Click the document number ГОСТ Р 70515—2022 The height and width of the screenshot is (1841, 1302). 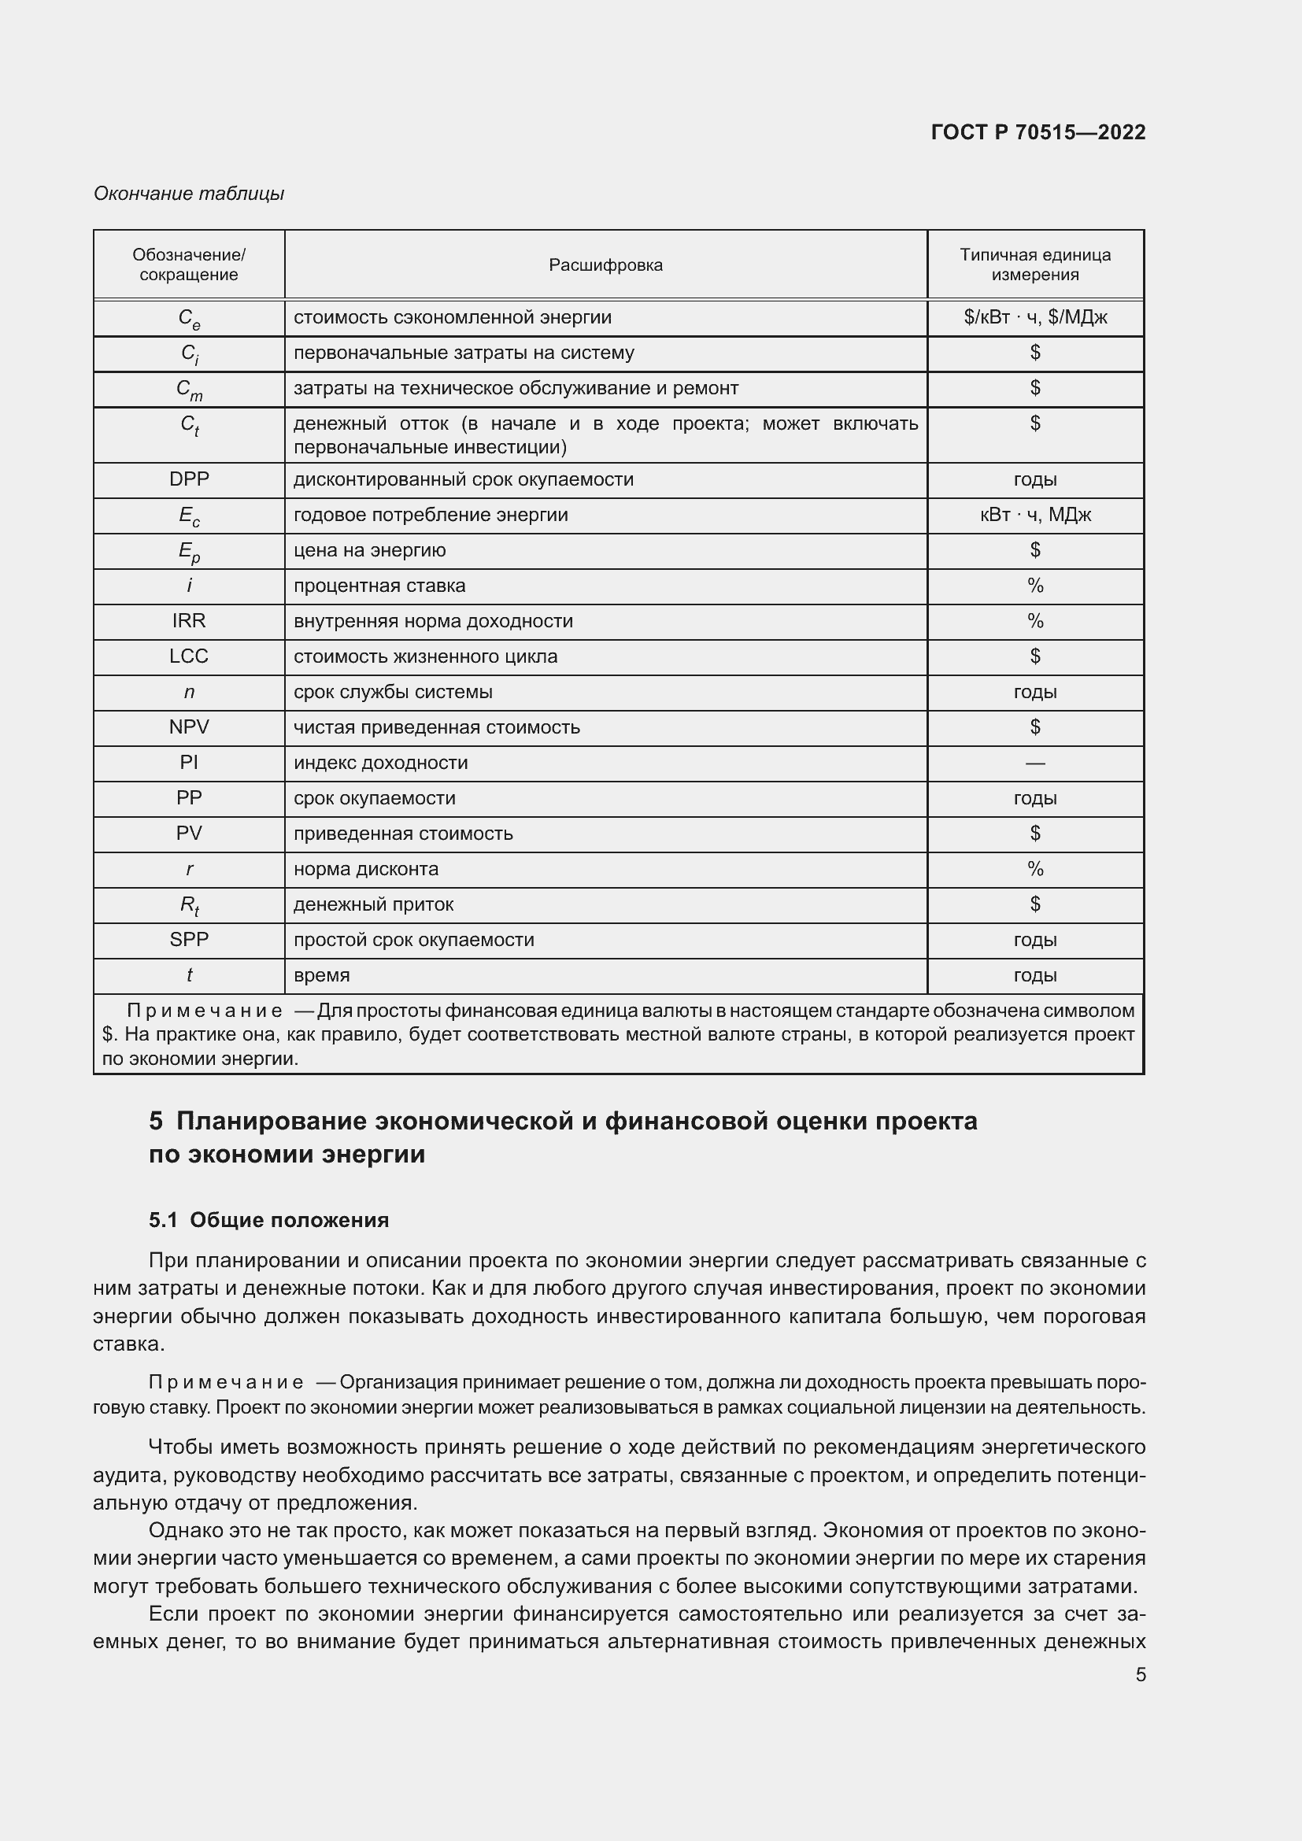1038,132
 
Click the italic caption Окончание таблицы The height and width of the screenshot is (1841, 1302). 189,194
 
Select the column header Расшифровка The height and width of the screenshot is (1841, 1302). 605,265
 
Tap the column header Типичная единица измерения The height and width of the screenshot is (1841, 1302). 1035,264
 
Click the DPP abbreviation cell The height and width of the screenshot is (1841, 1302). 189,479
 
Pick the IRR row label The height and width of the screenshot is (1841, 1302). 189,620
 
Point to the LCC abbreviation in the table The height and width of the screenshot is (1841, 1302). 189,656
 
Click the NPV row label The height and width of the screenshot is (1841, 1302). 189,727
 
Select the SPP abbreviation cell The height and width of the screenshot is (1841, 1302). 189,940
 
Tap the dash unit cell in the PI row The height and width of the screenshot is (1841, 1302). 1035,763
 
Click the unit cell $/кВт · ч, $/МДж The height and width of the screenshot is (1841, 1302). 1035,317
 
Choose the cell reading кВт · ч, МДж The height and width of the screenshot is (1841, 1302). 1035,515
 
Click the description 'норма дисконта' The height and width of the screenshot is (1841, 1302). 365,869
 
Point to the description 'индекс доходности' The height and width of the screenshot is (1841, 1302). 381,763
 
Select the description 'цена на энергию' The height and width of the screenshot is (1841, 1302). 370,550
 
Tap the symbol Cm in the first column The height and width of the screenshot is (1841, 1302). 189,390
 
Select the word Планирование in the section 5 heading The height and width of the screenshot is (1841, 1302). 268,1121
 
